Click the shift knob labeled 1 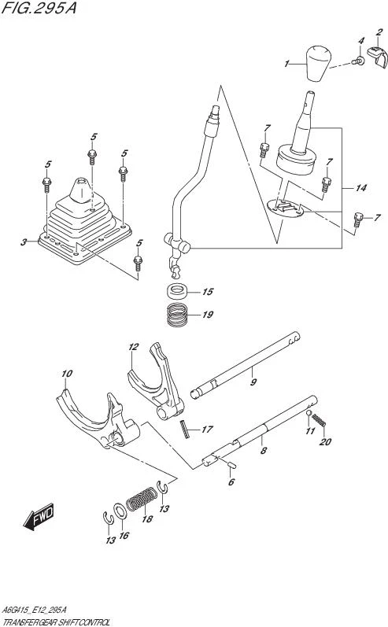319,63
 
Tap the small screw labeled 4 359,61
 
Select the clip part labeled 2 377,57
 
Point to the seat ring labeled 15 178,291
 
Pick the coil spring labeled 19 178,315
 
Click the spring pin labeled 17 184,429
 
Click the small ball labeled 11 309,413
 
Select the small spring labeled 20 319,419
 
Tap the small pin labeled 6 232,464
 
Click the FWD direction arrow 39,517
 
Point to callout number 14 361,187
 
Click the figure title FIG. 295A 39,8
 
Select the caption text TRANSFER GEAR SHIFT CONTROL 56,622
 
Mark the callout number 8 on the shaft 263,451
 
